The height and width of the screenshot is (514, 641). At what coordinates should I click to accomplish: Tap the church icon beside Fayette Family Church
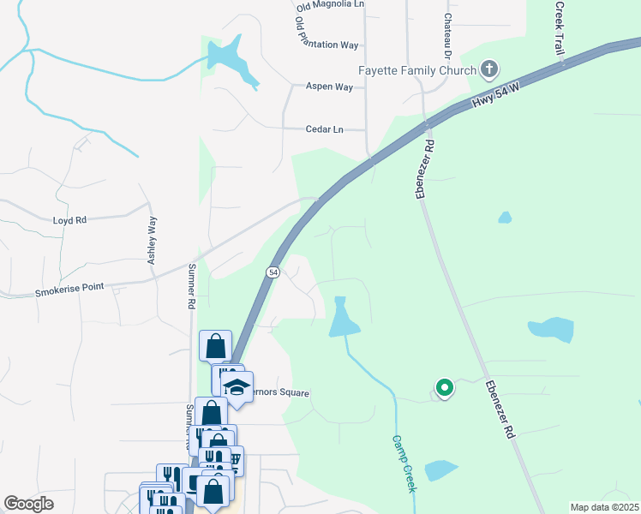tap(489, 69)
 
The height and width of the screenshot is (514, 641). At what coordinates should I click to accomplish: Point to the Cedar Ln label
tap(324, 129)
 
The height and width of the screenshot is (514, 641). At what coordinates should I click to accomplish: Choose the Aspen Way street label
tap(329, 87)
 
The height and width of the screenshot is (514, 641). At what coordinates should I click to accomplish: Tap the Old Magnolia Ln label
tap(330, 6)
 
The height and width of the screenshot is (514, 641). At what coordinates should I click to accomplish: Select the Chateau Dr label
tap(447, 34)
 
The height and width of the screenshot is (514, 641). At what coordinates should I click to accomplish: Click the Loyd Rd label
tap(69, 220)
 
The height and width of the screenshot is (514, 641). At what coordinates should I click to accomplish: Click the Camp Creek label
tap(403, 463)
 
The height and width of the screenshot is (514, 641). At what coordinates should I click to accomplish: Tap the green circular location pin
tap(444, 388)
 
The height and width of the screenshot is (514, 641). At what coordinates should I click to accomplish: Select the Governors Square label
tap(279, 392)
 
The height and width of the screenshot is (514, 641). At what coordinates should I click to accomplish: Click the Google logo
tap(28, 504)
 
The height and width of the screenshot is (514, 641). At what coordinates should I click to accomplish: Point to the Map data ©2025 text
tap(603, 507)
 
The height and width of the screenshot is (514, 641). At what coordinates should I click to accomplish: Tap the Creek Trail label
tap(560, 30)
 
